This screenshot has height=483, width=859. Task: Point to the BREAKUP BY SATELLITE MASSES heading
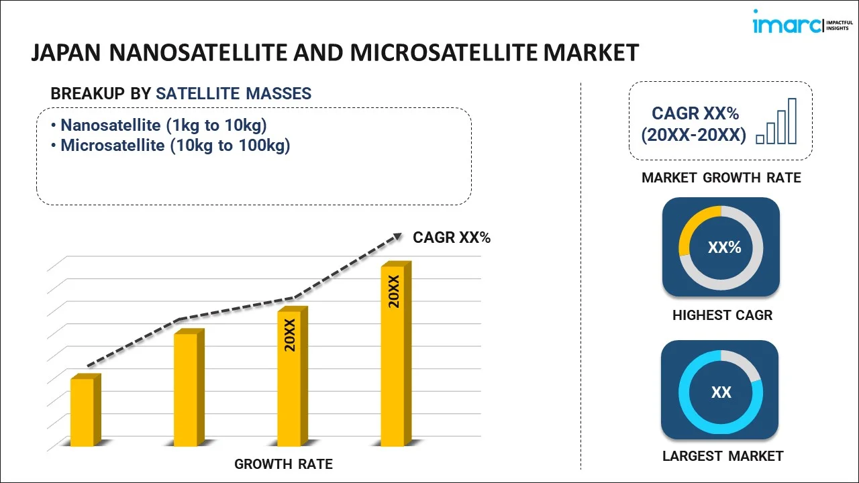point(181,94)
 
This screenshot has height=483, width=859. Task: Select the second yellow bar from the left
point(186,388)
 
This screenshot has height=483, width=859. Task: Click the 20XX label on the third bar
point(290,335)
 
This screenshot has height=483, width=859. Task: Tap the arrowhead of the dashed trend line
point(397,236)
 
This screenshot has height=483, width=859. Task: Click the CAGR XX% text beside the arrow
point(452,237)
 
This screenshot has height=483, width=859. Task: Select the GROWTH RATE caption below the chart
point(283,464)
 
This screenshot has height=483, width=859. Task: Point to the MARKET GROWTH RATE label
point(721,178)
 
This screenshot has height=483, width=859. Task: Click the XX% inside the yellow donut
point(724,248)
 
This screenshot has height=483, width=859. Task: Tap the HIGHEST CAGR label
point(722,315)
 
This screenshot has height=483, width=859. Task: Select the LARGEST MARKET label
point(722,456)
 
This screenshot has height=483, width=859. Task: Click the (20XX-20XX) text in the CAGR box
point(693,136)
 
